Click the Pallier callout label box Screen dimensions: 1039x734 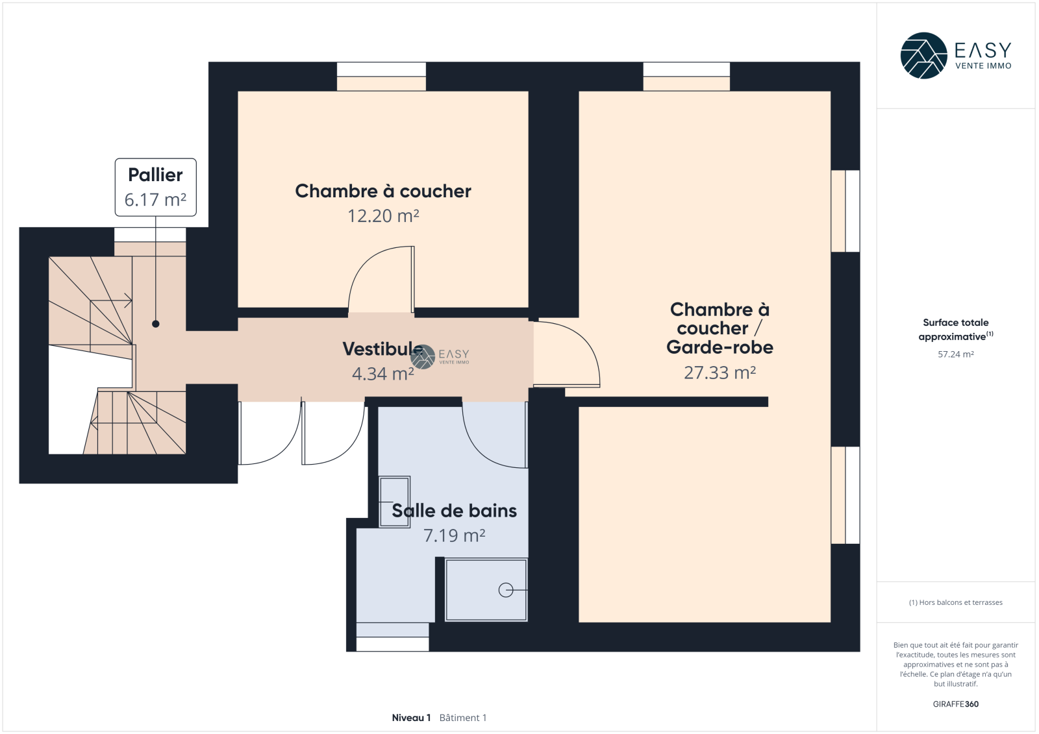[155, 188]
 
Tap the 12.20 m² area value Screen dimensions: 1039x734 [383, 216]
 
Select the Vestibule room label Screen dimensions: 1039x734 [382, 349]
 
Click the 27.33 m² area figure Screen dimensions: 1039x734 [720, 373]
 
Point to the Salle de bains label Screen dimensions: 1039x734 [454, 511]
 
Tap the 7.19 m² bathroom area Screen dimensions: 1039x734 [454, 535]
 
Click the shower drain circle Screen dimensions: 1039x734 [506, 591]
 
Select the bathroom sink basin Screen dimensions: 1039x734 [394, 502]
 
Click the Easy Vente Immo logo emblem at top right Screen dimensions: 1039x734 [923, 56]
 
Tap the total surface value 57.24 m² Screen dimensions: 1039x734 [955, 354]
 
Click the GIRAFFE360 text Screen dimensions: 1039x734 [955, 704]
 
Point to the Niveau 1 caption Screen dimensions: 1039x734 [412, 718]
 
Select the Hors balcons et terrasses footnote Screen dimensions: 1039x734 [955, 602]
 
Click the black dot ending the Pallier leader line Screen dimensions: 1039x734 [156, 324]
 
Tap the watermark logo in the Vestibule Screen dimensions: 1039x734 [423, 356]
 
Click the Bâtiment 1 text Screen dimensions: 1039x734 [463, 718]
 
